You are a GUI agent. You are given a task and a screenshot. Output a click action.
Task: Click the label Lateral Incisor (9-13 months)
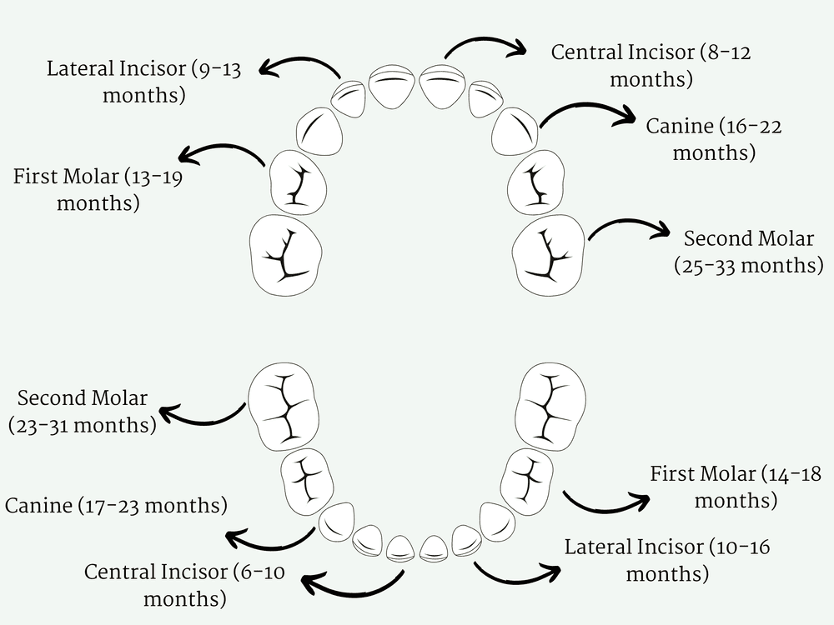click(143, 82)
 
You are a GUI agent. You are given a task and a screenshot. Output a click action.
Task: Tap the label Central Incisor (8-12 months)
click(651, 66)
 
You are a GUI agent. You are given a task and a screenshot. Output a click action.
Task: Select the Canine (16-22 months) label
click(713, 139)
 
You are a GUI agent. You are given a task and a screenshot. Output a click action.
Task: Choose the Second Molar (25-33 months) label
click(748, 252)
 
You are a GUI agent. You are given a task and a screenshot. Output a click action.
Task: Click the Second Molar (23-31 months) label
click(83, 412)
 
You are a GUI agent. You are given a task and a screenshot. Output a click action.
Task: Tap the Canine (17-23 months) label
click(116, 505)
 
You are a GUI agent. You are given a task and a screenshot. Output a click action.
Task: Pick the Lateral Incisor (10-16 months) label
click(667, 560)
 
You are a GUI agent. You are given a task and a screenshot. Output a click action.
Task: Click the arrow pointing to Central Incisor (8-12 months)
click(484, 43)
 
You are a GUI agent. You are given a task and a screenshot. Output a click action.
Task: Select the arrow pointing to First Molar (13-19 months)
click(222, 151)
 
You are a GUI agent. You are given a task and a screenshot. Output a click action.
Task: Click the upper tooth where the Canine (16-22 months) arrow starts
click(514, 131)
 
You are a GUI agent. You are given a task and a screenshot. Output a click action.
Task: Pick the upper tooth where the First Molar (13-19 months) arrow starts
click(297, 182)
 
